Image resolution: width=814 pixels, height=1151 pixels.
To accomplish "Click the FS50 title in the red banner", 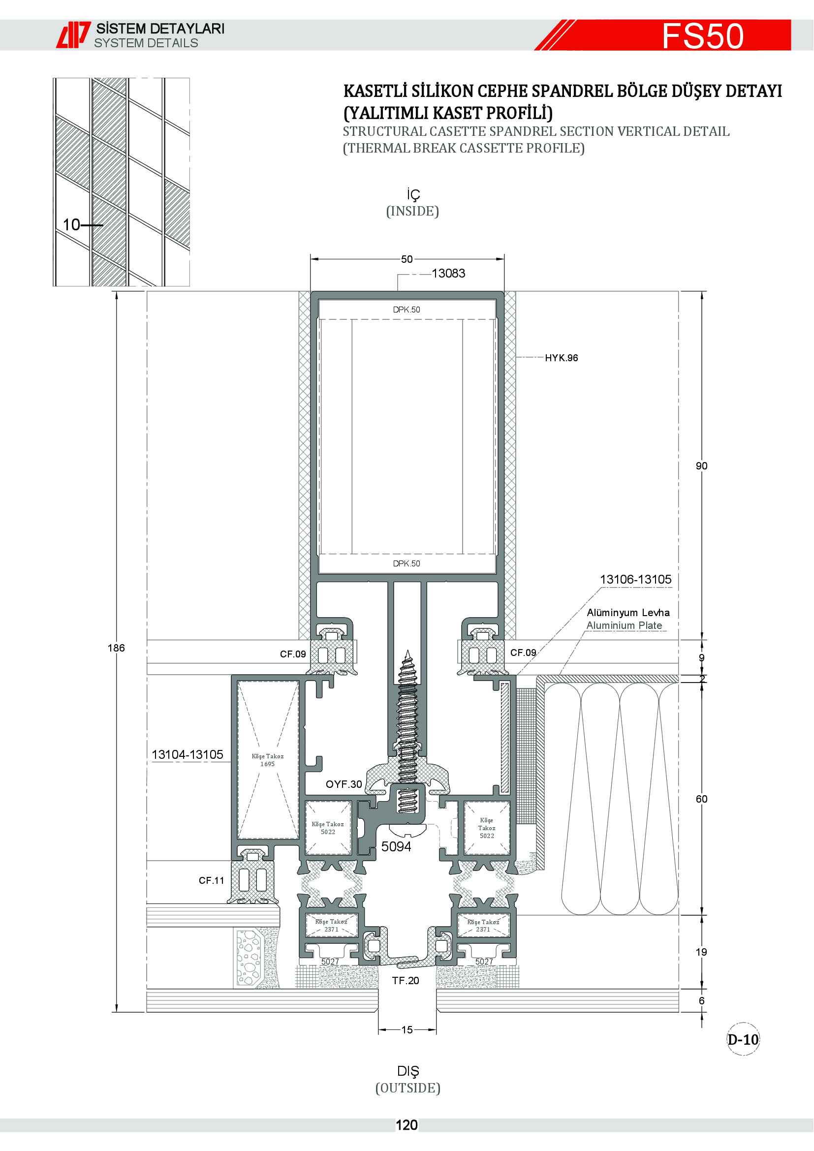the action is coord(703,36).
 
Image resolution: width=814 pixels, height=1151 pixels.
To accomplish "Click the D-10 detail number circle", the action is coord(743,1039).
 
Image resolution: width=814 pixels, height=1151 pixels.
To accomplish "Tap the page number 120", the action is coord(407,1125).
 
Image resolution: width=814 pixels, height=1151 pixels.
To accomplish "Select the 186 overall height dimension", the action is coord(116,648).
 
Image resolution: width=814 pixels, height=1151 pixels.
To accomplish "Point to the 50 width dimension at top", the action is coord(407,259).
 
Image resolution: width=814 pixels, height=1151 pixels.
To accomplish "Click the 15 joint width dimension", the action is coord(407,1029).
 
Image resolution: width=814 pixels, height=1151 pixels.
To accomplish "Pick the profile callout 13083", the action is coord(448,273).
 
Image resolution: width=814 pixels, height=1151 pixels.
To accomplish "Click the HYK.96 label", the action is coord(562,358).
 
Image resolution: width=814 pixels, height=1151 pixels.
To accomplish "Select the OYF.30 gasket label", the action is coord(344,784).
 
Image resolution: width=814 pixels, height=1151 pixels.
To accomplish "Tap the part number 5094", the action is coord(396,847).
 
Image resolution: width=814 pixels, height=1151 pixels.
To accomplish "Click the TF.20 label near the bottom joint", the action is coord(406,981).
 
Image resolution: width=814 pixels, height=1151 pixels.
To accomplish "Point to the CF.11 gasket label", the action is coord(212,880).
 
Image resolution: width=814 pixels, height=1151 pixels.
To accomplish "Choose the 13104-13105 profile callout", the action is coord(188,754).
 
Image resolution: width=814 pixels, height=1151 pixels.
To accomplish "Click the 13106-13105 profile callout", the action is coord(635,579).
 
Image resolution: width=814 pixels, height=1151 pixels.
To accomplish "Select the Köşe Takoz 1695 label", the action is coord(268,760).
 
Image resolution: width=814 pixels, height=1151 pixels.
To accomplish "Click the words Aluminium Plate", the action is coord(624,625).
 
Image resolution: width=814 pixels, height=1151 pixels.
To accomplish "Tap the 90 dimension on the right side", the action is coord(701,466).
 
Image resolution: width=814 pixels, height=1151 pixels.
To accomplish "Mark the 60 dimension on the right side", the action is coord(701,799).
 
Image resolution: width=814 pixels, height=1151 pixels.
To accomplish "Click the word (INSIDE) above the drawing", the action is coord(412,211).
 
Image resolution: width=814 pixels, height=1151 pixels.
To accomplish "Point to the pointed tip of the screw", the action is coord(408,650).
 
